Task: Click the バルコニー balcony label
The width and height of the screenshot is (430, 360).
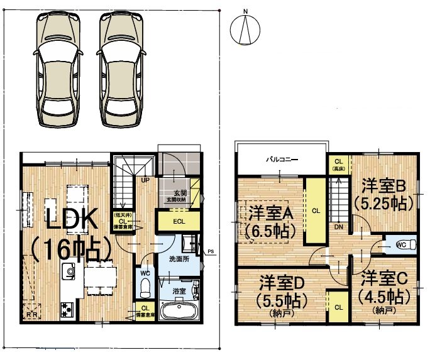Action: point(280,160)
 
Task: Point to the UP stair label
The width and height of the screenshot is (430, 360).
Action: point(145,180)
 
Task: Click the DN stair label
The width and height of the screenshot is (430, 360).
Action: point(338,227)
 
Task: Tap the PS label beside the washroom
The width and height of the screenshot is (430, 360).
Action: point(211,252)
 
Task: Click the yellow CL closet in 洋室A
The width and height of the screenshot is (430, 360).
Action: point(316,211)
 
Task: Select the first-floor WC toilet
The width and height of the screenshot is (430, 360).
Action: point(145,286)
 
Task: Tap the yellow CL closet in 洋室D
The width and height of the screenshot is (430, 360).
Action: point(338,307)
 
